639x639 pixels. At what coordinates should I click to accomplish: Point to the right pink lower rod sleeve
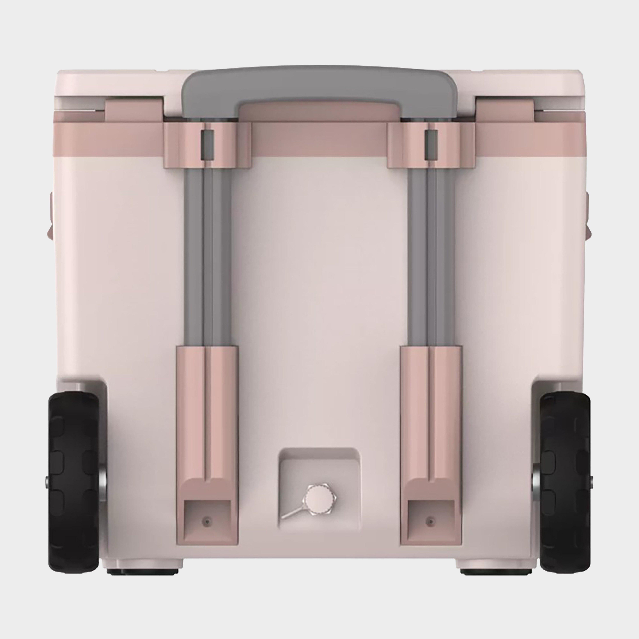click(x=430, y=410)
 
